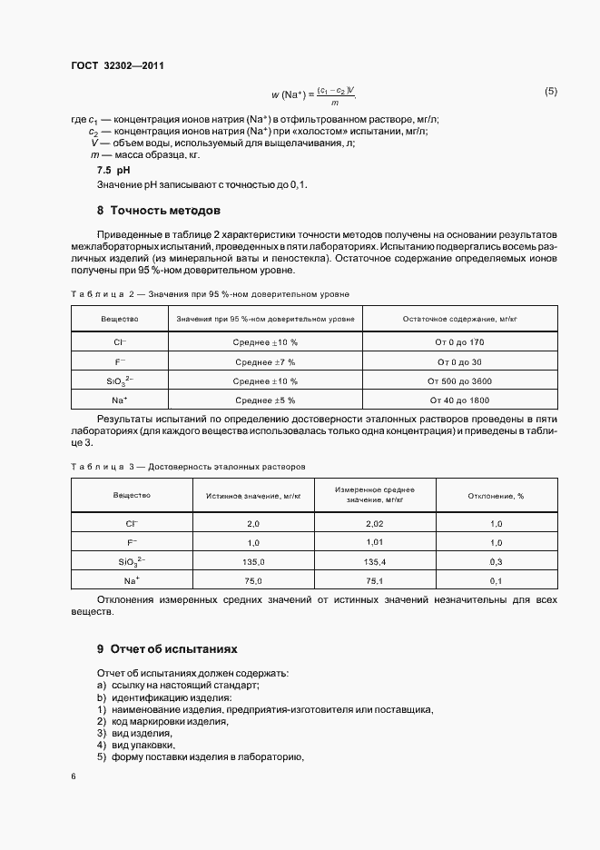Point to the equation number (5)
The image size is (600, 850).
click(550, 92)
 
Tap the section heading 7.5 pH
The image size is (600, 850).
click(113, 170)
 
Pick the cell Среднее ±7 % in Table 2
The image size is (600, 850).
click(265, 361)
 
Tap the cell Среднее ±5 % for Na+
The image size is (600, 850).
click(265, 400)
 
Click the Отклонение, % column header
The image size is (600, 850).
click(497, 496)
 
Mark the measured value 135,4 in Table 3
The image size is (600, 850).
click(376, 562)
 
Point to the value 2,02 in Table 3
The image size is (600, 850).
click(376, 525)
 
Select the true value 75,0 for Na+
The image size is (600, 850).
click(253, 580)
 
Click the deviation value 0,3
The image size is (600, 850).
click(497, 562)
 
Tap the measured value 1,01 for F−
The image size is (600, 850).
click(376, 543)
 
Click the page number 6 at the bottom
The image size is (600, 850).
click(74, 776)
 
